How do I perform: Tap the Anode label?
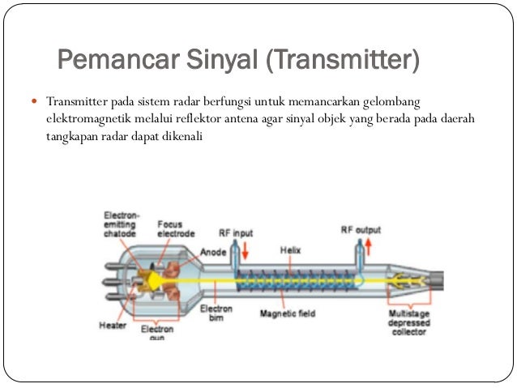tap(213, 251)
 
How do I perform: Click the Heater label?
tap(112, 326)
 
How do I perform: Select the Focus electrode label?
tap(176, 229)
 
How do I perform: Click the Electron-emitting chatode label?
tap(122, 224)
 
